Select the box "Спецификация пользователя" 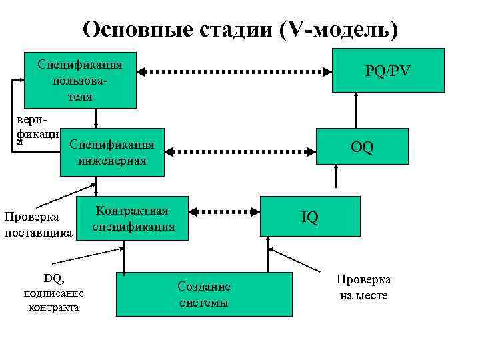point(80,80)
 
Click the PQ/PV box point(388,70)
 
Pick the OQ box point(363,145)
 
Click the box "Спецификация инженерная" point(112,152)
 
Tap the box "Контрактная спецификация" point(133,218)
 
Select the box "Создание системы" point(204,294)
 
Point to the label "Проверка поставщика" point(37,225)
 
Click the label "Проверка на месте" point(363,287)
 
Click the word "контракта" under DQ point(53,307)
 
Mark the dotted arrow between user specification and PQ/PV point(235,70)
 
